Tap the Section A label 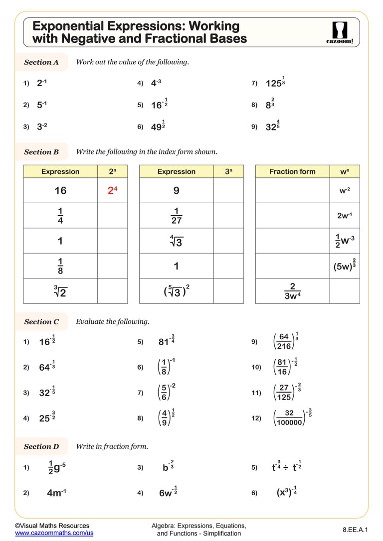click(x=41, y=62)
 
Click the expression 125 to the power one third click(x=275, y=83)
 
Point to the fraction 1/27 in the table click(x=176, y=215)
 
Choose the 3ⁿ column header click(x=228, y=171)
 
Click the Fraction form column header click(x=292, y=171)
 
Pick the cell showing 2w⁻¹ click(x=345, y=215)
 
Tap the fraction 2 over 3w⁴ click(x=292, y=291)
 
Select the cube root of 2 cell click(x=60, y=291)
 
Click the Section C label click(x=41, y=322)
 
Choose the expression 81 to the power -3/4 click(x=166, y=342)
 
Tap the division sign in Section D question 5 click(x=286, y=467)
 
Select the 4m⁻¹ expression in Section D click(x=56, y=493)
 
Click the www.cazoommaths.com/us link click(x=54, y=533)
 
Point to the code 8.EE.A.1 click(x=355, y=529)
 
